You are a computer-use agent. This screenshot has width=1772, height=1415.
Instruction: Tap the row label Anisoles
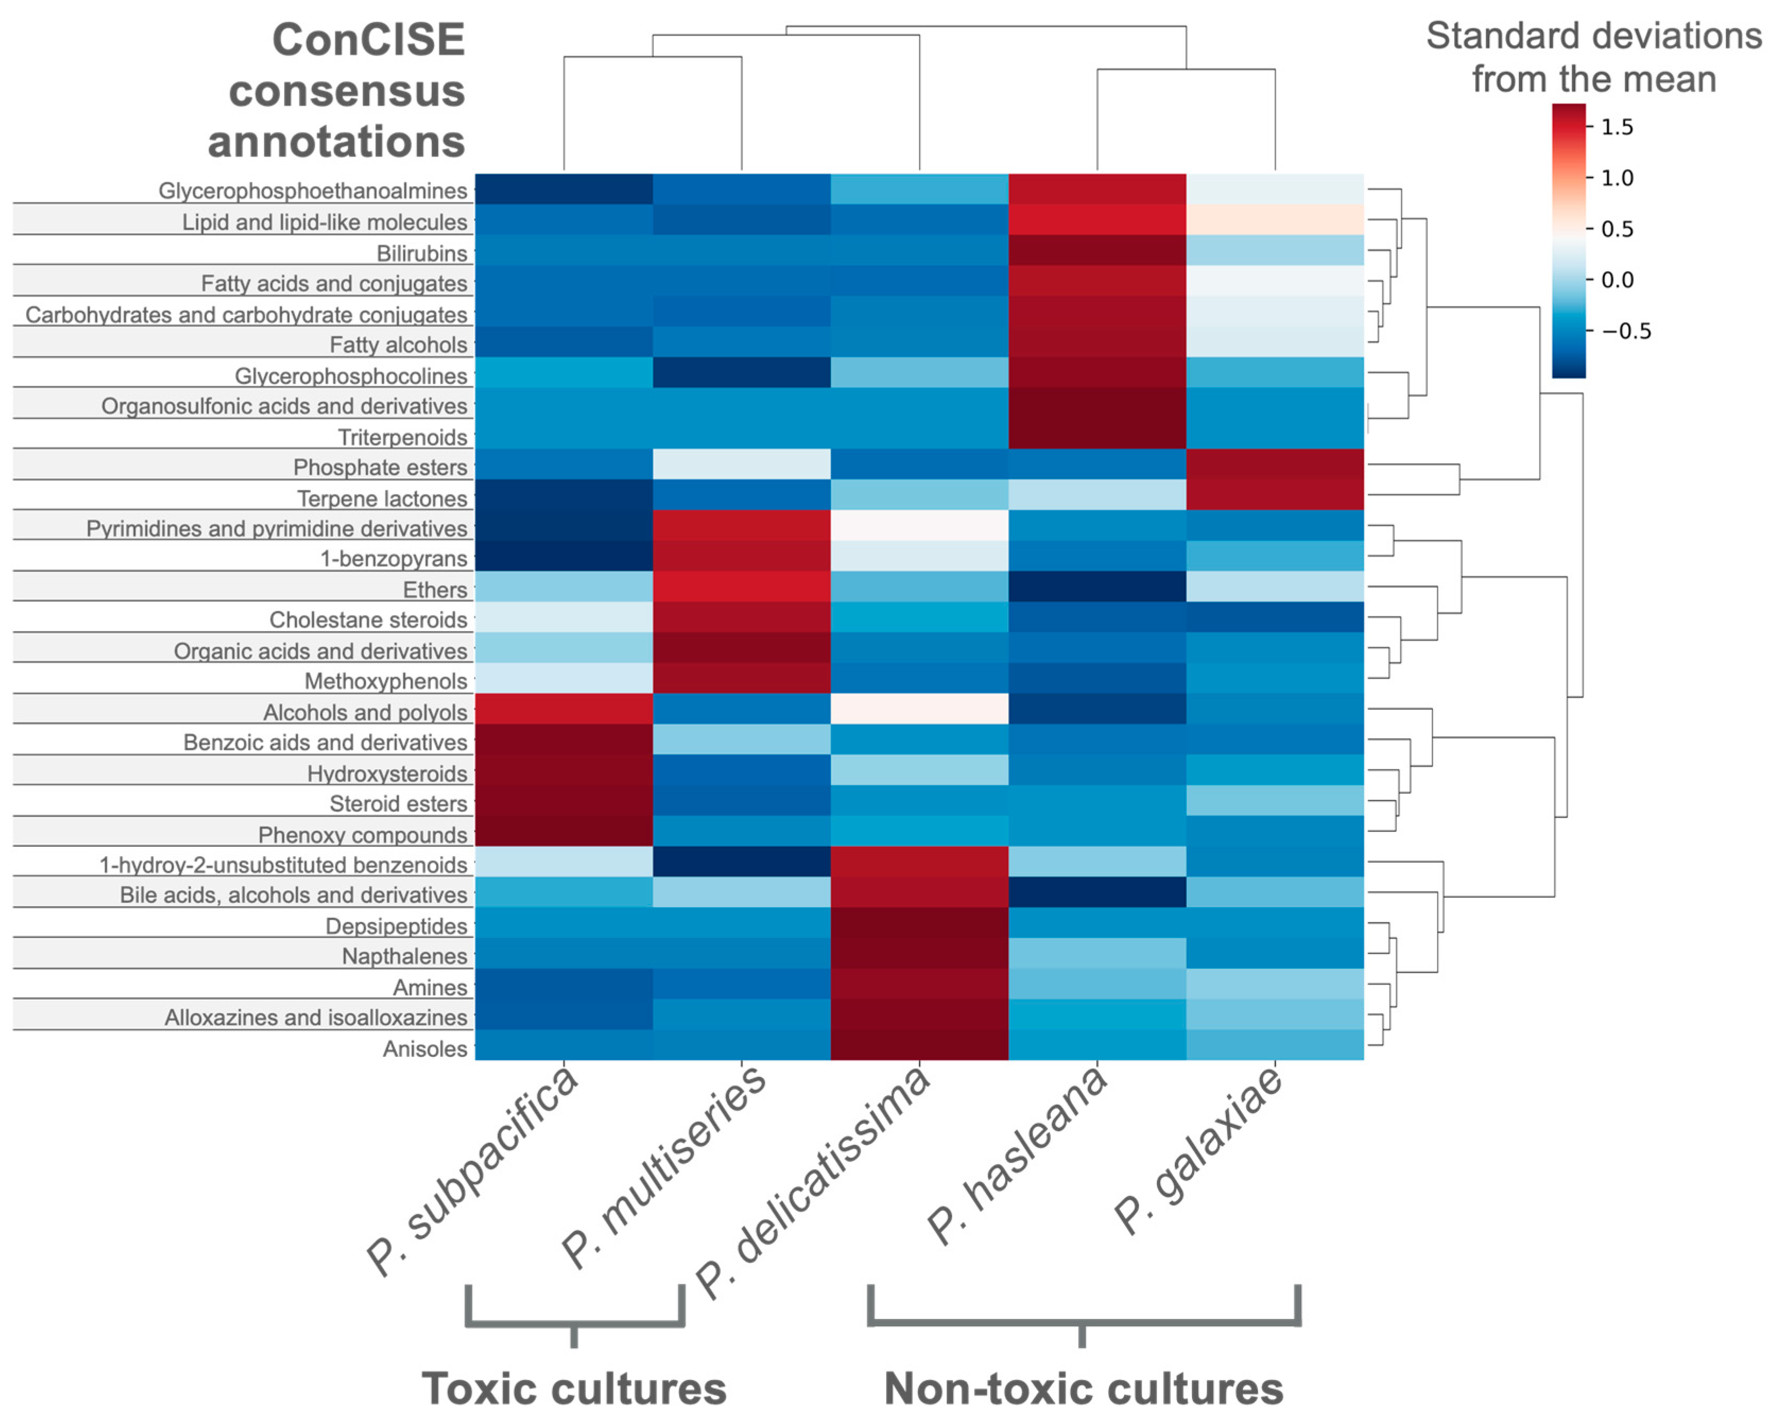[425, 1048]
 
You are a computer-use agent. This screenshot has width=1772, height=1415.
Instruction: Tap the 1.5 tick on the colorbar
[1617, 127]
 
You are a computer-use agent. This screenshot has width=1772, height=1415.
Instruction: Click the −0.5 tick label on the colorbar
[1626, 331]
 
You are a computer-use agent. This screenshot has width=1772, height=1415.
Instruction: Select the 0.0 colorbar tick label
[1617, 280]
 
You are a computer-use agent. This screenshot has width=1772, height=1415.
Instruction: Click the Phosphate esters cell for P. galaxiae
[1275, 464]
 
